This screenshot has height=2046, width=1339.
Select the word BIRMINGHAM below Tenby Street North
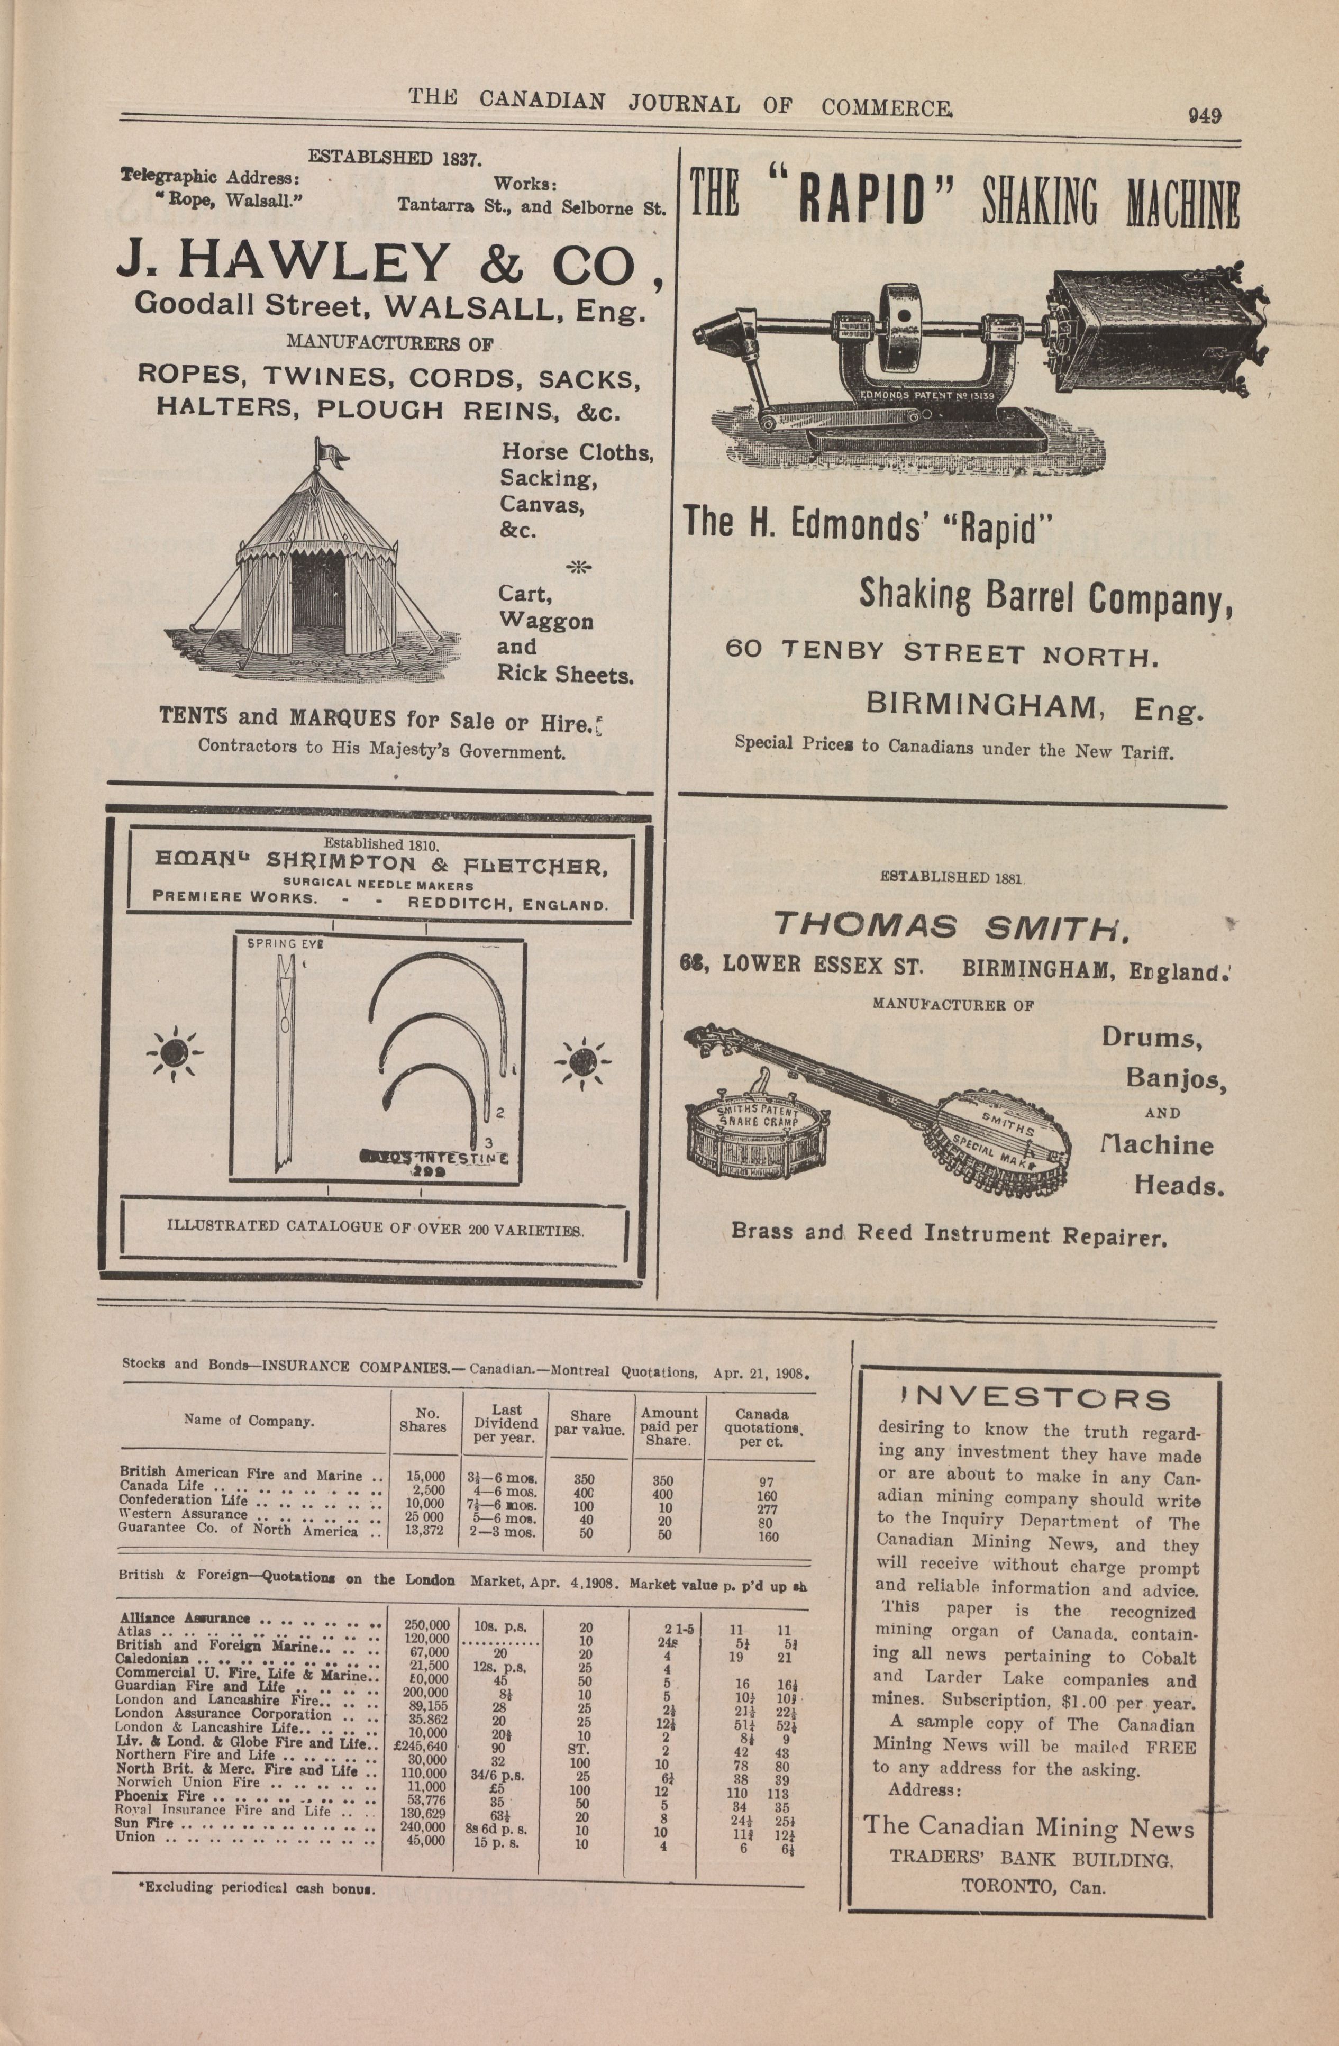(x=980, y=706)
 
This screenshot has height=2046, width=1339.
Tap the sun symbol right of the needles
(x=582, y=1062)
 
